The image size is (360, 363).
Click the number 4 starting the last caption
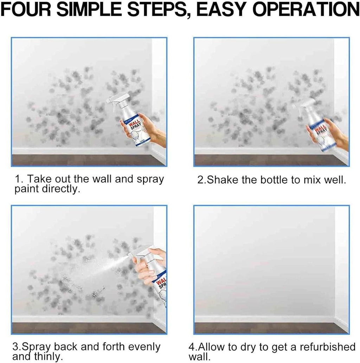coord(192,347)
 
